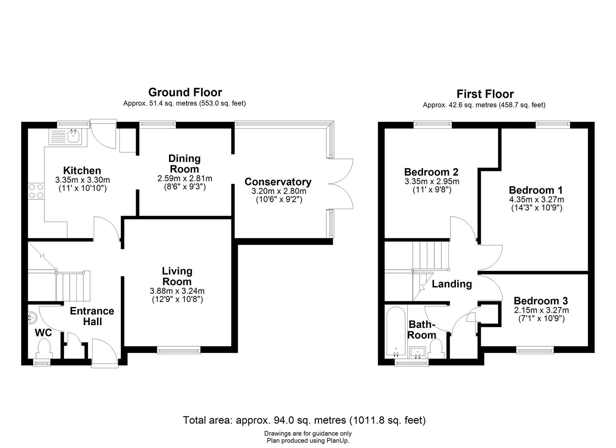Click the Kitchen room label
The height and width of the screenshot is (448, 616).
82,170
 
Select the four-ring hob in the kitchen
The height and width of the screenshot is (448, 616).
36,191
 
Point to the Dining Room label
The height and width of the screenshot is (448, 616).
184,163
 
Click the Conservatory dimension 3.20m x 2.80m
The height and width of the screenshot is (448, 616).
279,191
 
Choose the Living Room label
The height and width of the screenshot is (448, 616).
177,276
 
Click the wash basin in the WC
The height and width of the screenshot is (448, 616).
32,318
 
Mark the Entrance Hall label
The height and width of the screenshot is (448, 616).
92,316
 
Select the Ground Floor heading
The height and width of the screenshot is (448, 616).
185,93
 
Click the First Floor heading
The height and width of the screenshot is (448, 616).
485,94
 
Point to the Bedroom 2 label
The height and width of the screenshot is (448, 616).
431,172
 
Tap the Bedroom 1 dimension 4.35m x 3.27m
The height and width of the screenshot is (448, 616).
536,200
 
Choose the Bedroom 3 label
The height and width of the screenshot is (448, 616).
541,301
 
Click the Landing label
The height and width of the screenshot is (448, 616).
452,284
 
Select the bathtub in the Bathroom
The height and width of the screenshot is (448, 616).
396,332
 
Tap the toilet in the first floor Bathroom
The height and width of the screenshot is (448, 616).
436,348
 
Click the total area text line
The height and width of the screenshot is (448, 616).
304,420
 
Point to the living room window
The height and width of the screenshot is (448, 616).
179,350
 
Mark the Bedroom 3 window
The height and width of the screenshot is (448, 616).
535,350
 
